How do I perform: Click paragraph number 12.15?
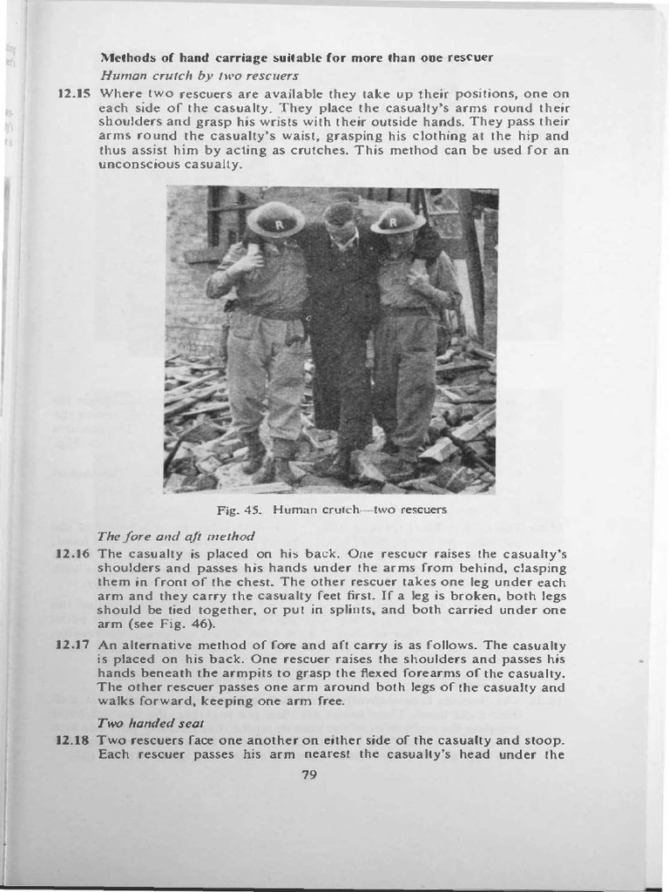[x=73, y=92]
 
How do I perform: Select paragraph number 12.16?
[x=73, y=553]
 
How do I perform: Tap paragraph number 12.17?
[x=73, y=645]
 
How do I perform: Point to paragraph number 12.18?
[x=73, y=740]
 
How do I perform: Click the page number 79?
[x=307, y=776]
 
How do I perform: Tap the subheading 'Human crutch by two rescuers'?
[x=199, y=75]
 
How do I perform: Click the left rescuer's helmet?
[x=275, y=220]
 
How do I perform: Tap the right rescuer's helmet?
[x=397, y=220]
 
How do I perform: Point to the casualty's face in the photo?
[x=340, y=228]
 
